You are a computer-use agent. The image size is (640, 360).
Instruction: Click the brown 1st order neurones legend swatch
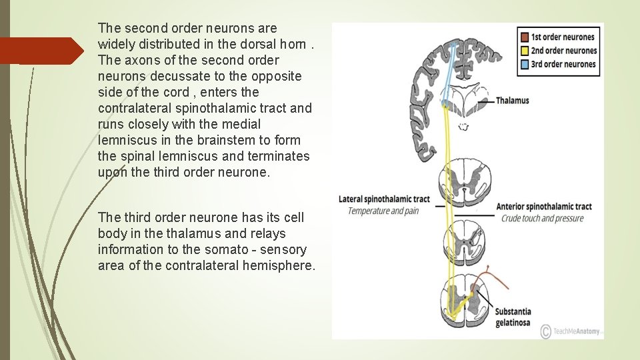coord(525,37)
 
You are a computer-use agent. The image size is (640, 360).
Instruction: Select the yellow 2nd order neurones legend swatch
coord(525,51)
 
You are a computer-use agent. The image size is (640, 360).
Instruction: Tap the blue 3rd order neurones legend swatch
coord(525,64)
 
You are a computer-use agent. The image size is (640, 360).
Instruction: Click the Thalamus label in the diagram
coord(512,101)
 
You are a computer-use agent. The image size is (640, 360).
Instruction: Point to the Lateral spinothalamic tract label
coord(384,199)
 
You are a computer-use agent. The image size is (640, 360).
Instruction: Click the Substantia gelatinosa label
coord(513,317)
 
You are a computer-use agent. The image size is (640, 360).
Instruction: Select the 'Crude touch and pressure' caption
coord(542,218)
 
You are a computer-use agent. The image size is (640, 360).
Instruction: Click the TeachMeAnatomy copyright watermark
coord(571,331)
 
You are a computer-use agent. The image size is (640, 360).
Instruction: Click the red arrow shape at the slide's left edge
coord(40,51)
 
